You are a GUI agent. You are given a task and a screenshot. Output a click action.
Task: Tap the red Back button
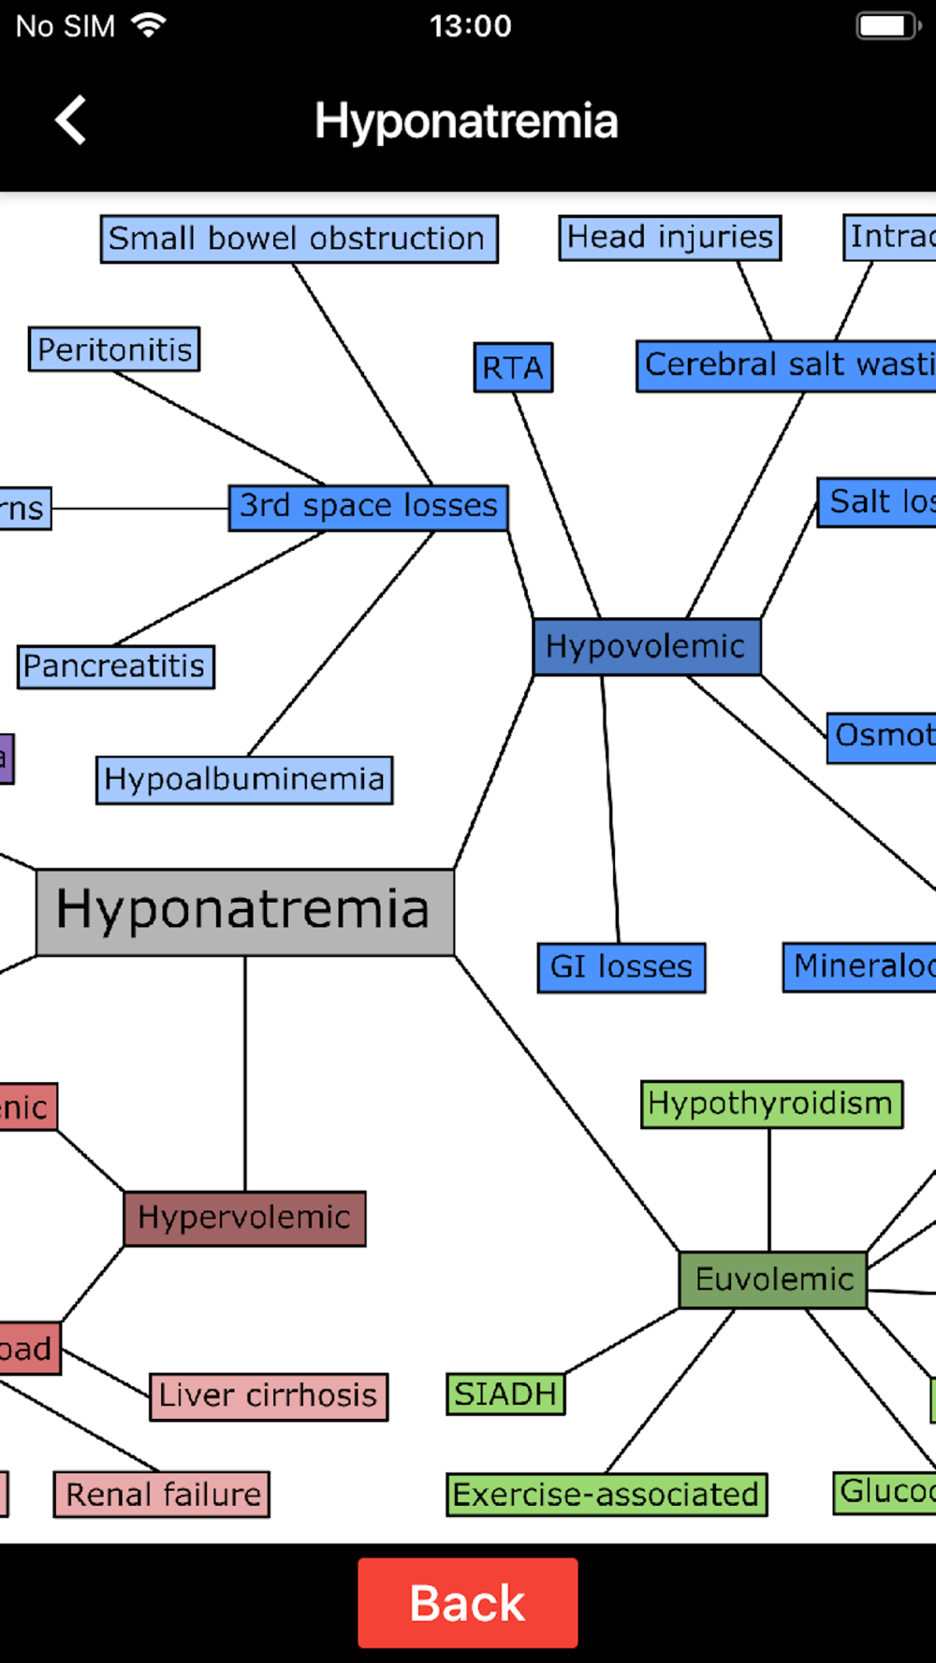pos(467,1602)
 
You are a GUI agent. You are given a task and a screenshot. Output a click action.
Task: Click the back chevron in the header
pos(71,121)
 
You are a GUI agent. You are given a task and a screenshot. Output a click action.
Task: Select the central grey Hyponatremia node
pos(244,911)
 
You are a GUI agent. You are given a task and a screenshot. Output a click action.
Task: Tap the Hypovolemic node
pos(646,646)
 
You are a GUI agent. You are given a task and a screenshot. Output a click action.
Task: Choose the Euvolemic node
pos(773,1279)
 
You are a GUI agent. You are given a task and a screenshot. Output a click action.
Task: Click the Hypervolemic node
pos(244,1218)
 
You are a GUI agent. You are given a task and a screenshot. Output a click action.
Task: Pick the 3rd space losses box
pos(369,507)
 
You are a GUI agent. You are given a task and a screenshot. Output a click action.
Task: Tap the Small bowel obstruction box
pos(299,239)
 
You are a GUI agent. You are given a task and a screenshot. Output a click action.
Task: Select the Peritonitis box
pos(114,350)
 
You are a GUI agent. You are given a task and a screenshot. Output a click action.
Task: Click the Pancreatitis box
pos(115,667)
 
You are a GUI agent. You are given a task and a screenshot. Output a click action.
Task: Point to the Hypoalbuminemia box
pos(244,779)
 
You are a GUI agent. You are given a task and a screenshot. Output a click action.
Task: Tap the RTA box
pos(513,368)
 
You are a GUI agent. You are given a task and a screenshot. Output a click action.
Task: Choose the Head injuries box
pos(670,238)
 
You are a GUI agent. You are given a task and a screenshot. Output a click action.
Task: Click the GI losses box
pos(621,967)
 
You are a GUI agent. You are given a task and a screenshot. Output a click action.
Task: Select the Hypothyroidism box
pos(771,1104)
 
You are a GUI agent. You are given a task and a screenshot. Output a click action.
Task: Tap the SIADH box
pos(505,1394)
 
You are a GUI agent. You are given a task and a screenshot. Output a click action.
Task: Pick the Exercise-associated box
pos(607,1494)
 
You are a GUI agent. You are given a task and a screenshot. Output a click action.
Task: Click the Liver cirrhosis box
pos(269,1395)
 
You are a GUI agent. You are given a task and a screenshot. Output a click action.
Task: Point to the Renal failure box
pos(162,1494)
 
